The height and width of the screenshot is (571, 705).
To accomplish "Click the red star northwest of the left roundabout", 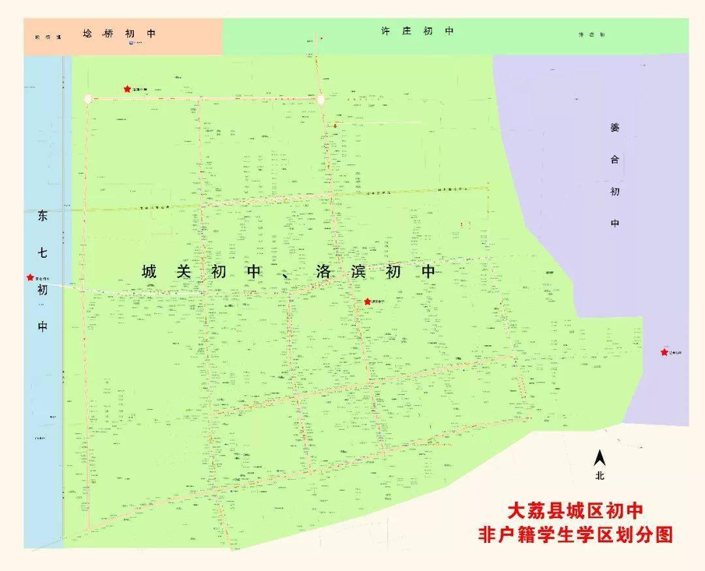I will coord(127,89).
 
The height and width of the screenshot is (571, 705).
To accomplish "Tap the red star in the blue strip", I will coord(30,277).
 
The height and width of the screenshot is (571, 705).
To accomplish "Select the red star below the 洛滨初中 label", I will coord(368,301).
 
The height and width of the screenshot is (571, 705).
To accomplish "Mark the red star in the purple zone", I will coord(664,352).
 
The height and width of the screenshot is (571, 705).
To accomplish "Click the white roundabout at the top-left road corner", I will coord(88,99).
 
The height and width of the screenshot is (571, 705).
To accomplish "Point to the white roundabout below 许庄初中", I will coord(321,99).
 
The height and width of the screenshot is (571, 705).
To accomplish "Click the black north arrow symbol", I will coord(599,458).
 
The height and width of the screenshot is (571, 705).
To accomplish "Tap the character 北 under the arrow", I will coord(599,476).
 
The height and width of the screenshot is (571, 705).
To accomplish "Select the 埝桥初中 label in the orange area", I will coord(119,33).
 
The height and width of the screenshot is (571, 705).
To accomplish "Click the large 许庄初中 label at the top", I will coord(417,31).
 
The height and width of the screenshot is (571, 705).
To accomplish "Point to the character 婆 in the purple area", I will coord(614,128).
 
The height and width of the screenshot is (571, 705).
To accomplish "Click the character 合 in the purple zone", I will coord(614,160).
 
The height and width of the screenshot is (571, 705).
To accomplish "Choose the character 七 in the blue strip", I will coord(42,253).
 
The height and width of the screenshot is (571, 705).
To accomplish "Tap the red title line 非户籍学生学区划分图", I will coord(576,535).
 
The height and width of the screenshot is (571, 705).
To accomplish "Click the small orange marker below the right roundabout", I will coord(336,126).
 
